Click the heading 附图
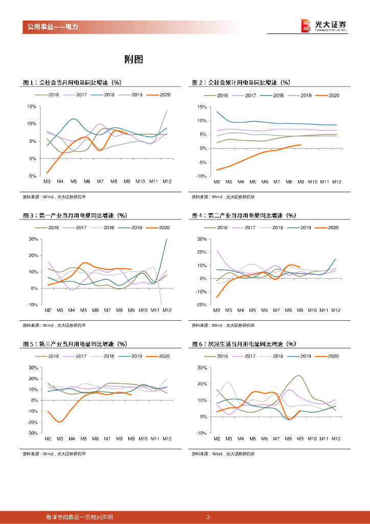click(x=134, y=59)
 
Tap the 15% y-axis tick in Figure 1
click(x=31, y=106)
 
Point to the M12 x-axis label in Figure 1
click(x=167, y=182)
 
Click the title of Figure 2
click(x=241, y=82)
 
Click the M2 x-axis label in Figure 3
click(x=48, y=311)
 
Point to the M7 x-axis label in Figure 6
click(x=276, y=439)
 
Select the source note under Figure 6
click(x=223, y=453)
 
